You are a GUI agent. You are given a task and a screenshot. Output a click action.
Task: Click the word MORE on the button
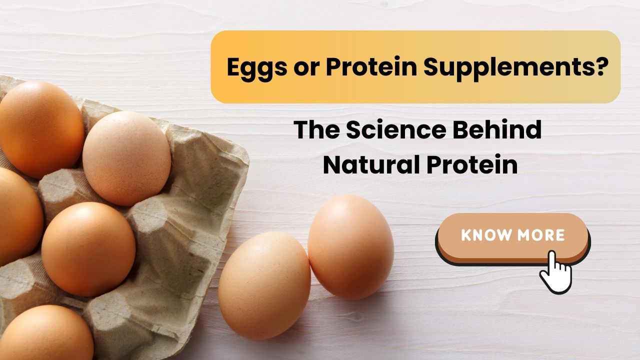click(541, 235)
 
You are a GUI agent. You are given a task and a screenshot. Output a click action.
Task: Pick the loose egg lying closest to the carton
click(264, 285)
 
